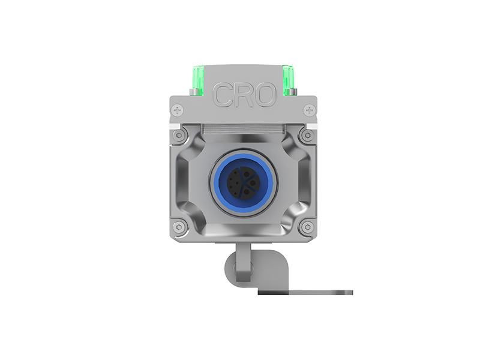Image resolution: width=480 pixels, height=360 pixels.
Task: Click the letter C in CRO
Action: click(222, 95)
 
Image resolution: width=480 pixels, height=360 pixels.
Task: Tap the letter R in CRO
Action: click(244, 95)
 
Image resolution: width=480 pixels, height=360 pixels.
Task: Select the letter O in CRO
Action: click(265, 95)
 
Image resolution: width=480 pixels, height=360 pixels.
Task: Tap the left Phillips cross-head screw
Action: click(177, 110)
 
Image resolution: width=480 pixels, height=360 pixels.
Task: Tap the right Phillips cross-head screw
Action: click(310, 110)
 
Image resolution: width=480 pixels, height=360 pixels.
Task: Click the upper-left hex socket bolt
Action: click(179, 135)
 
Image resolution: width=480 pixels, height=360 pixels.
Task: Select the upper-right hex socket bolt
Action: click(308, 135)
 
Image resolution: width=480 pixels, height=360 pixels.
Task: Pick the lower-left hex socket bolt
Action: click(179, 227)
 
